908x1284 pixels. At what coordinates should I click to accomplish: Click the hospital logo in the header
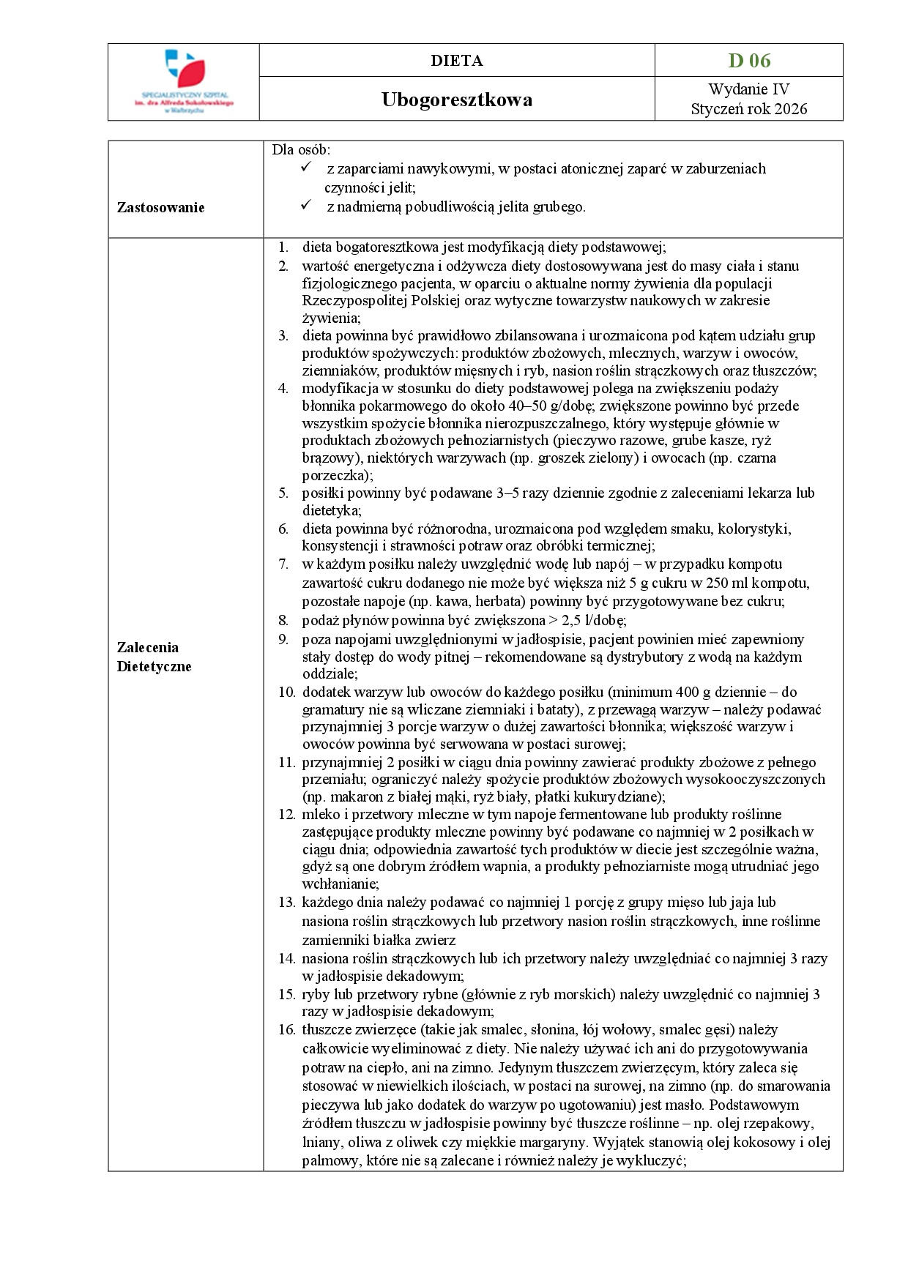(184, 81)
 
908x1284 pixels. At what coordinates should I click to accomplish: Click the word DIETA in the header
(456, 61)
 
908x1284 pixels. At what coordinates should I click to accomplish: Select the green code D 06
(749, 61)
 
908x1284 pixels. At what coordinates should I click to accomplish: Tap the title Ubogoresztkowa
(456, 100)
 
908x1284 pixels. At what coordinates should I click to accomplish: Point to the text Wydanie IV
(748, 89)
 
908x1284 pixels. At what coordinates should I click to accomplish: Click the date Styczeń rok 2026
(748, 109)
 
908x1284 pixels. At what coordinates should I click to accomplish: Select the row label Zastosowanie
(160, 207)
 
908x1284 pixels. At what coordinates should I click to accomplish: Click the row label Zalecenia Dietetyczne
(154, 657)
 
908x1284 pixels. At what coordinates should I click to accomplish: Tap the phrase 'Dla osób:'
(301, 150)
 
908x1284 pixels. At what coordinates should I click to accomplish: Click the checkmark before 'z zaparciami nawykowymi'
(306, 168)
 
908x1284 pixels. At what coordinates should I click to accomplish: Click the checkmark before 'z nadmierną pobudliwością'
(306, 206)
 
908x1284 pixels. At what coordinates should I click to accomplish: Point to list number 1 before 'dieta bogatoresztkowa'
(283, 247)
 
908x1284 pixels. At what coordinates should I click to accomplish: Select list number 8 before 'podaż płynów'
(283, 621)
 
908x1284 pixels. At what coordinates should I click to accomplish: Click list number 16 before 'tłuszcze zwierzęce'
(286, 1030)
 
